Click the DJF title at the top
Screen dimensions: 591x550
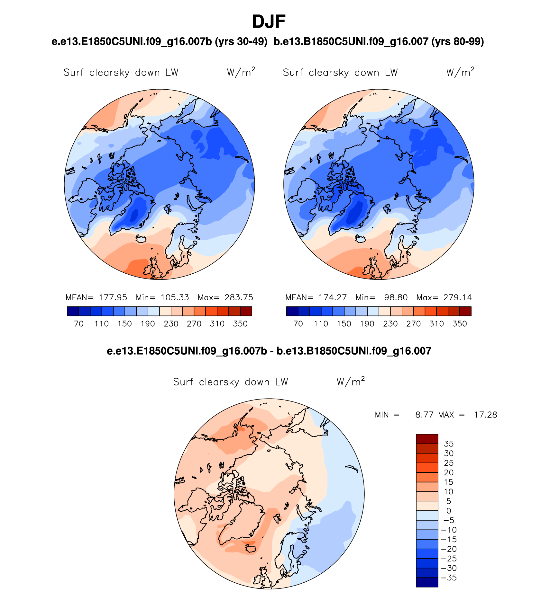tap(269, 22)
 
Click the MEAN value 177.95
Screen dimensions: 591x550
tap(113, 297)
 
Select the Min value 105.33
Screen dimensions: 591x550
tap(175, 297)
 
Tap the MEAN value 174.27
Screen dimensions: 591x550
tap(333, 297)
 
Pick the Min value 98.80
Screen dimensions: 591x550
tap(396, 297)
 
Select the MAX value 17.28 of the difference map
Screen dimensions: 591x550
tap(485, 415)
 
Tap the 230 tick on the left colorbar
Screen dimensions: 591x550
tap(171, 324)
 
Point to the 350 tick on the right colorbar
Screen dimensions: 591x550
tap(459, 324)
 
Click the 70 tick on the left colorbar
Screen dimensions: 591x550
tap(79, 324)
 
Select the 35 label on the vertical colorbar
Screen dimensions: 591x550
tap(449, 444)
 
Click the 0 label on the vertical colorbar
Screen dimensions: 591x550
tap(449, 511)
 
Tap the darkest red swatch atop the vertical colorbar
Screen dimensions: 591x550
tap(427, 439)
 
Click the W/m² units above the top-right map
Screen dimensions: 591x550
tap(460, 72)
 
